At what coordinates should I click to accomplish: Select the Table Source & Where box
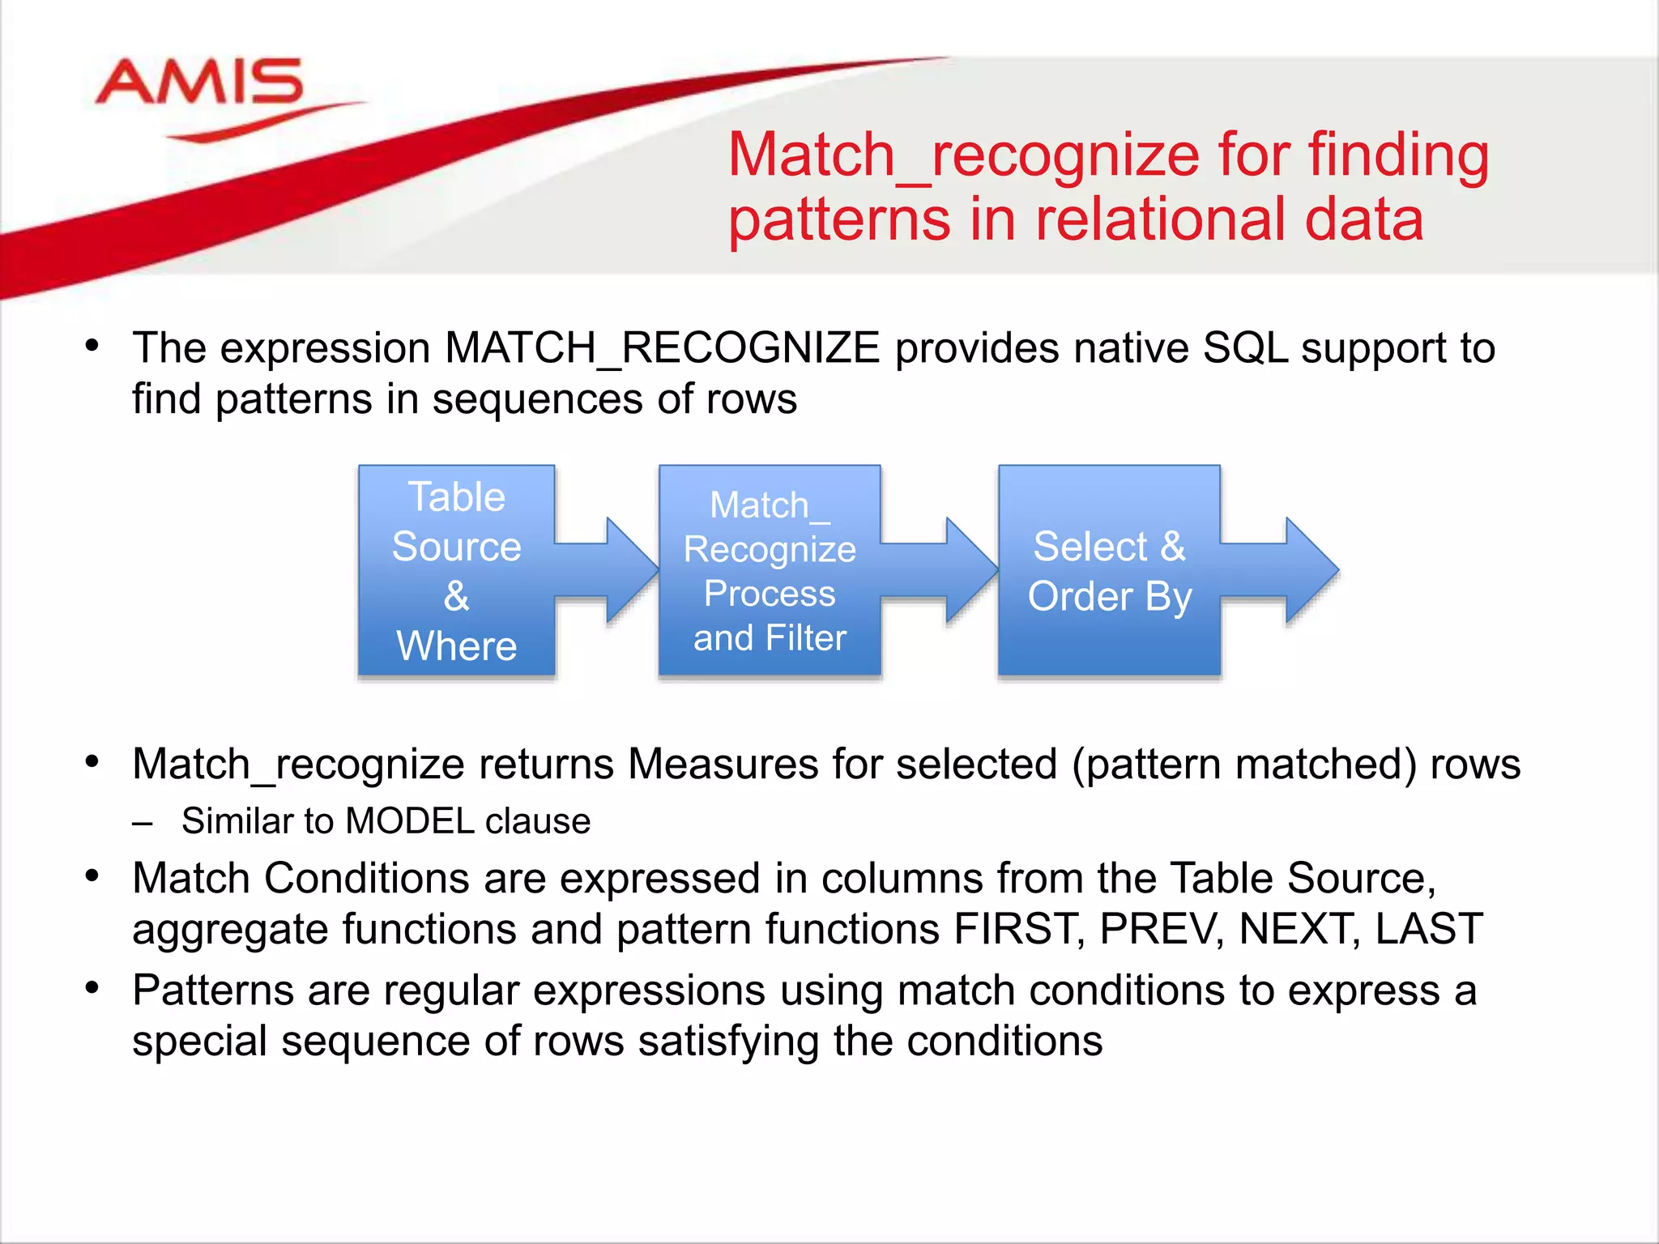pyautogui.click(x=456, y=570)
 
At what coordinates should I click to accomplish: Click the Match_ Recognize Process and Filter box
pyautogui.click(x=769, y=570)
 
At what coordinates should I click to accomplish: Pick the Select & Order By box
pyautogui.click(x=1109, y=570)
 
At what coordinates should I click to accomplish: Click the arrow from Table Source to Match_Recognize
pyautogui.click(x=616, y=570)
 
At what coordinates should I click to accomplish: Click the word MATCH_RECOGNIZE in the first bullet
pyautogui.click(x=662, y=349)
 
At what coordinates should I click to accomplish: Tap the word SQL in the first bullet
pyautogui.click(x=1245, y=349)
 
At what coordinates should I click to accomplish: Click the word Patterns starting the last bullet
pyautogui.click(x=212, y=991)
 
